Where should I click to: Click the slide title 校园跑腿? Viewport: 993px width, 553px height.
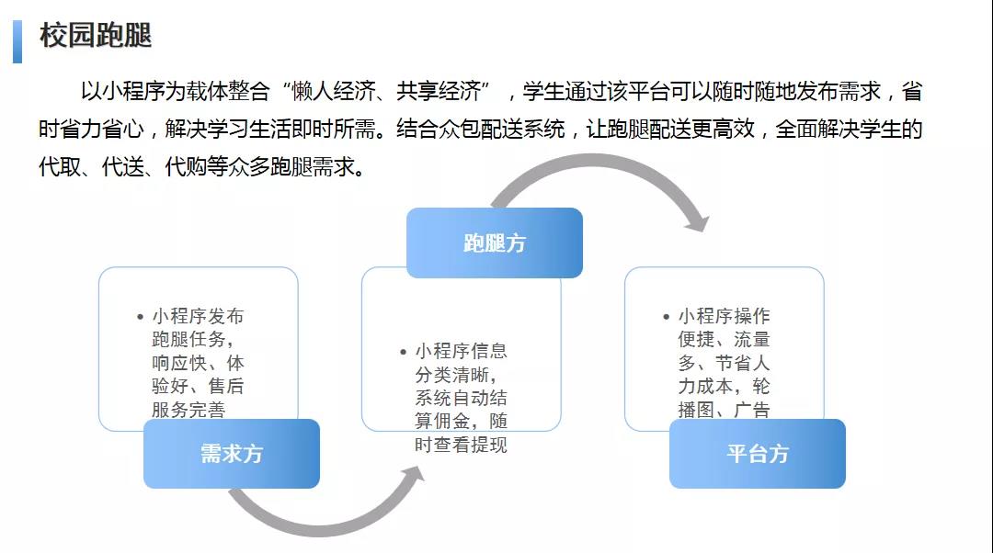[96, 36]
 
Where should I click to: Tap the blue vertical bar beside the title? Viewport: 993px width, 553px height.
[17, 41]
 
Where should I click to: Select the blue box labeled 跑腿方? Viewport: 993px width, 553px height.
[495, 243]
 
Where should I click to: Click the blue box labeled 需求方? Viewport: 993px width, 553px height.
[232, 454]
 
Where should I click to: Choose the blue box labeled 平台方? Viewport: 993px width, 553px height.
[758, 454]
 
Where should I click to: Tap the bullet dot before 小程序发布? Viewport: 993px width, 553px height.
[139, 317]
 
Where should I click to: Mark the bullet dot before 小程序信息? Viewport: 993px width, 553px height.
[403, 352]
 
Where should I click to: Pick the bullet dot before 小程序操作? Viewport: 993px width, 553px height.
[667, 317]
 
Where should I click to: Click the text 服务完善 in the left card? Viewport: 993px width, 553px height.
[188, 410]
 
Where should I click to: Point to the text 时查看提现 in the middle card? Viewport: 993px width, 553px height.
[461, 446]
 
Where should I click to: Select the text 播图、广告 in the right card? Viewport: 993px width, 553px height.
[724, 410]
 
